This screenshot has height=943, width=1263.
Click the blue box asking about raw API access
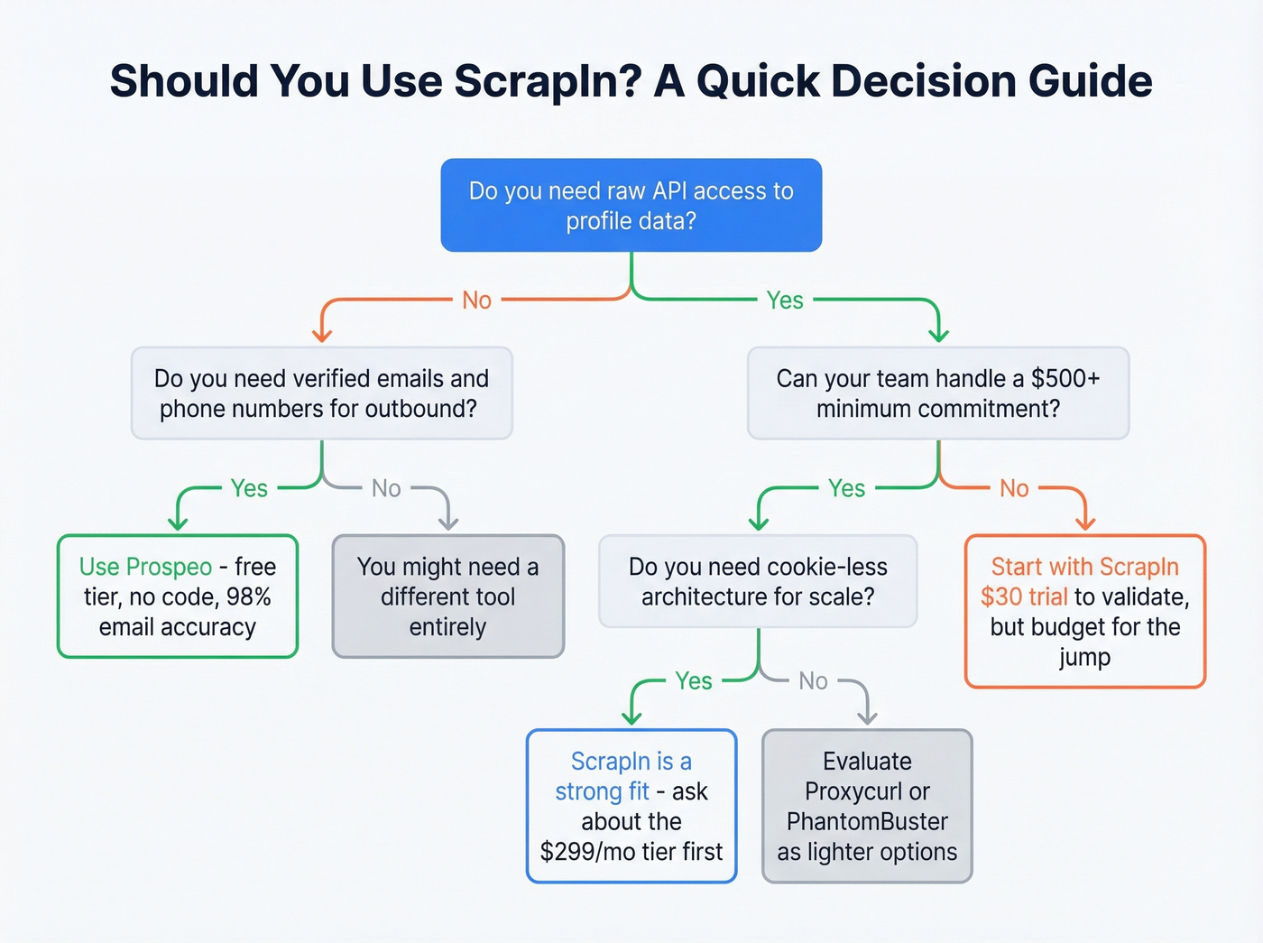pos(631,205)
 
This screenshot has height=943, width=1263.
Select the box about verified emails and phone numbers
pos(321,393)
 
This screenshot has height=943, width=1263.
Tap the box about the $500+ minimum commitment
pos(938,393)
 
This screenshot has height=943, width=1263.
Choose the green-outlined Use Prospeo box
pos(178,596)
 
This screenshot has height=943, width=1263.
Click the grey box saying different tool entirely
pos(447,596)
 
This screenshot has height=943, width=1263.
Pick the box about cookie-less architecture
pos(758,581)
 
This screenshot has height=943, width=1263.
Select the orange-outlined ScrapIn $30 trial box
pos(1084,611)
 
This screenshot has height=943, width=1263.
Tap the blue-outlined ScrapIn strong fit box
pos(631,806)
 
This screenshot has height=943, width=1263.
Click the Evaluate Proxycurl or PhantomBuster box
pos(867,806)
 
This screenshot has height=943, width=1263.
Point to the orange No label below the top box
pos(476,300)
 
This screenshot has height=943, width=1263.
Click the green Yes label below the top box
pos(785,300)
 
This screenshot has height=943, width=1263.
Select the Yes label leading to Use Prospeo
pos(249,488)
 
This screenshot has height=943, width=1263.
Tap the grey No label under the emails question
pos(386,488)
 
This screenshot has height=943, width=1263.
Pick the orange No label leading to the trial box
pos(1014,488)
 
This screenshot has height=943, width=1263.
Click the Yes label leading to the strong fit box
pos(694,680)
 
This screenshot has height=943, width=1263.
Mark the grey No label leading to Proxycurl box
pos(813,680)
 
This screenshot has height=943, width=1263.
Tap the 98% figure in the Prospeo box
pos(248,596)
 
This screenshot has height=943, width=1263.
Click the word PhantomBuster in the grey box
pos(867,821)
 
